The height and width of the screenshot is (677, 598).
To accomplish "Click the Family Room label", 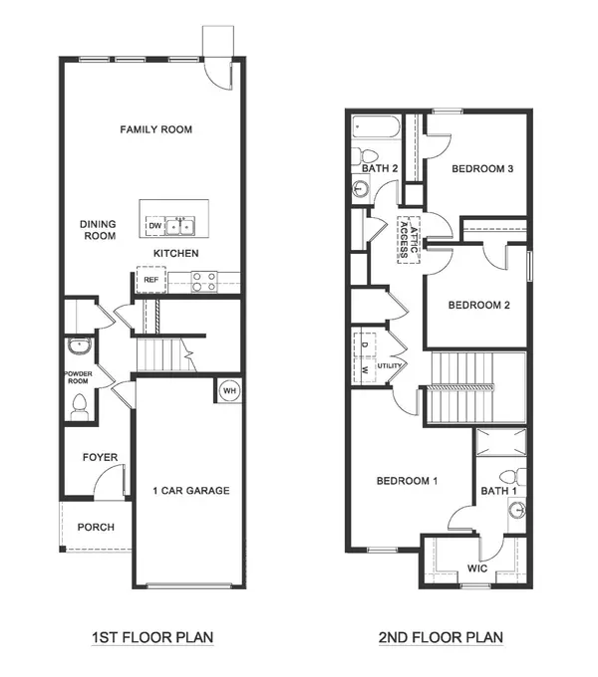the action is pyautogui.click(x=156, y=129).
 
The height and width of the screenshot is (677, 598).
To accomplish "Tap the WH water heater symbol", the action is pyautogui.click(x=229, y=390).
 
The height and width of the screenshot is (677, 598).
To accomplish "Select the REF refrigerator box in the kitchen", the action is pyautogui.click(x=151, y=280).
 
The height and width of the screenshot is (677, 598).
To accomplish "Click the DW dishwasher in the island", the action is pyautogui.click(x=155, y=226).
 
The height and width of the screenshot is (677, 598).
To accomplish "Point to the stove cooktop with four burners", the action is pyautogui.click(x=204, y=282).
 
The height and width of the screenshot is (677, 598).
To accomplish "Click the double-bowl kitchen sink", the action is pyautogui.click(x=180, y=226).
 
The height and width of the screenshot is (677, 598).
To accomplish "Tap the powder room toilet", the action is pyautogui.click(x=80, y=407).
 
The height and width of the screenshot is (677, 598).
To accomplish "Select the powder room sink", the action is pyautogui.click(x=80, y=345).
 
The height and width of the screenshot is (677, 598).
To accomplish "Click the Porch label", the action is pyautogui.click(x=96, y=528).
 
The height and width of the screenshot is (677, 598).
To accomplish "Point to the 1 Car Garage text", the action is pyautogui.click(x=191, y=491).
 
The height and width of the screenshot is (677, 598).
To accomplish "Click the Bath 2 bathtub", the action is pyautogui.click(x=377, y=126).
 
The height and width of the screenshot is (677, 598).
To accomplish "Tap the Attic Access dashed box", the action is pyautogui.click(x=409, y=240).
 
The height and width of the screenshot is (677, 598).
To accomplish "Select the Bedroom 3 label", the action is pyautogui.click(x=482, y=169).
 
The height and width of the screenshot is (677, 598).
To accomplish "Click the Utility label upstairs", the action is pyautogui.click(x=390, y=366).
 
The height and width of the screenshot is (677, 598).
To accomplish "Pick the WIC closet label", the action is pyautogui.click(x=477, y=568).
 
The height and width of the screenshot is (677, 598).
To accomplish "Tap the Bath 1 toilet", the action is pyautogui.click(x=513, y=477).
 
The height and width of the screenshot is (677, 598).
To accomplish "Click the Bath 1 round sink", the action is pyautogui.click(x=516, y=511).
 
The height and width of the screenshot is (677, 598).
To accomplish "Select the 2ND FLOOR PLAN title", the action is pyautogui.click(x=441, y=637).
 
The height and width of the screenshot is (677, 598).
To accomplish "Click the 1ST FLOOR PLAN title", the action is pyautogui.click(x=152, y=637).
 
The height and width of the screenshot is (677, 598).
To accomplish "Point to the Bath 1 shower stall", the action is pyautogui.click(x=501, y=442).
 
